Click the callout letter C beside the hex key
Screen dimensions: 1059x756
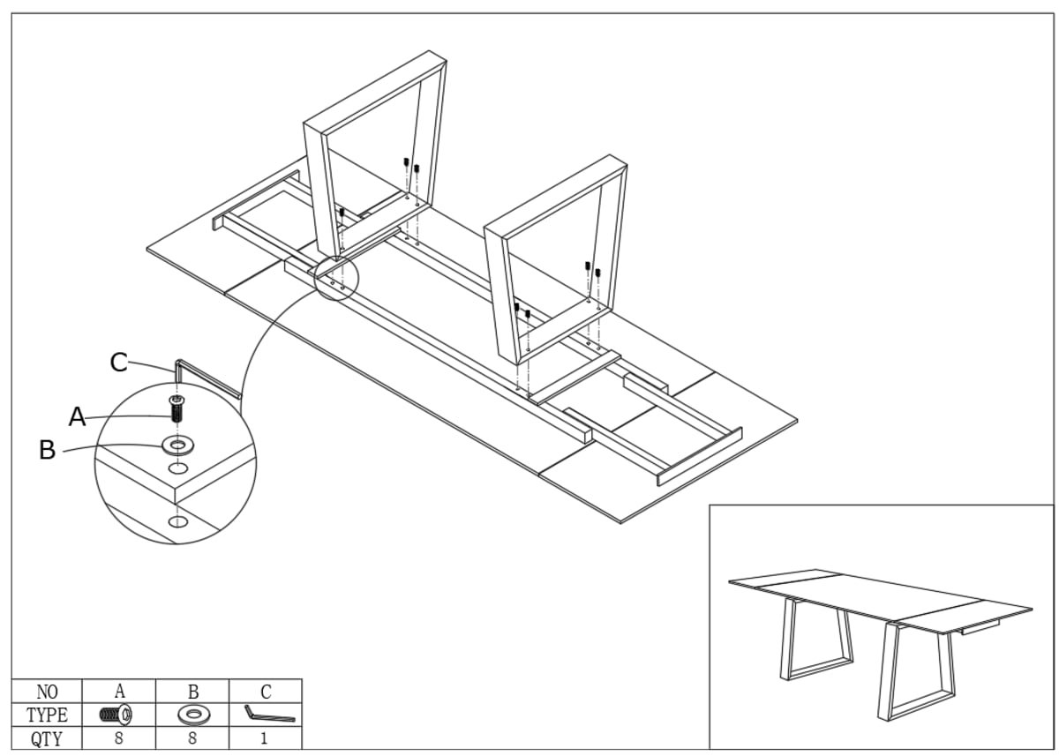click(x=118, y=363)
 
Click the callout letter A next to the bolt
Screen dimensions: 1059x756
click(x=77, y=417)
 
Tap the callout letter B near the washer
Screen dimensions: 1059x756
click(x=48, y=449)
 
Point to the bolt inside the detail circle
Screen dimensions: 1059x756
click(x=176, y=409)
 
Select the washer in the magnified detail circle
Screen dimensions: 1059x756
click(x=177, y=445)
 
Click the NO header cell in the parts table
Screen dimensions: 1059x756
click(x=48, y=692)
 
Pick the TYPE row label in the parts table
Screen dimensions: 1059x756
click(x=48, y=715)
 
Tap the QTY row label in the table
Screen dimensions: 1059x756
click(x=47, y=738)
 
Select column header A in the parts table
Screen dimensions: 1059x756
click(x=120, y=692)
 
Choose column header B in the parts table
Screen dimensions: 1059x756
click(x=193, y=692)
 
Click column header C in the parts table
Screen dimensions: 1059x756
click(x=266, y=692)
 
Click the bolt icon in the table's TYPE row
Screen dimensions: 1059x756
click(x=116, y=715)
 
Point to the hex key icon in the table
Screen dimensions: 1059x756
click(x=269, y=714)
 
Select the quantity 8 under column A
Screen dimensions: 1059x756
click(x=118, y=738)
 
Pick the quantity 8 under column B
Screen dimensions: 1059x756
click(x=192, y=738)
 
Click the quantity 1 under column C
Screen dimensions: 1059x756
click(x=264, y=738)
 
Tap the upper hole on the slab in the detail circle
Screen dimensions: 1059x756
click(x=178, y=468)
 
